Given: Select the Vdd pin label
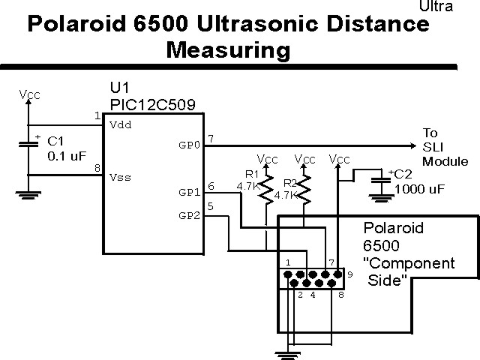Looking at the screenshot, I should click(120, 124).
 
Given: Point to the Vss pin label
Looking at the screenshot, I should click(120, 178).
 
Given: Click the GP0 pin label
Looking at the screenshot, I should click(190, 143).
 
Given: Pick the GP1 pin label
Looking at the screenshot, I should click(189, 192).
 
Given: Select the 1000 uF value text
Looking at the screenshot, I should click(419, 189).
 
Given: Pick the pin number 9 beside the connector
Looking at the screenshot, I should click(349, 276).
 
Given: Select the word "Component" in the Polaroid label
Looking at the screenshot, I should click(409, 263).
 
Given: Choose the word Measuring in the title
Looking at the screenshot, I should click(228, 50).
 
